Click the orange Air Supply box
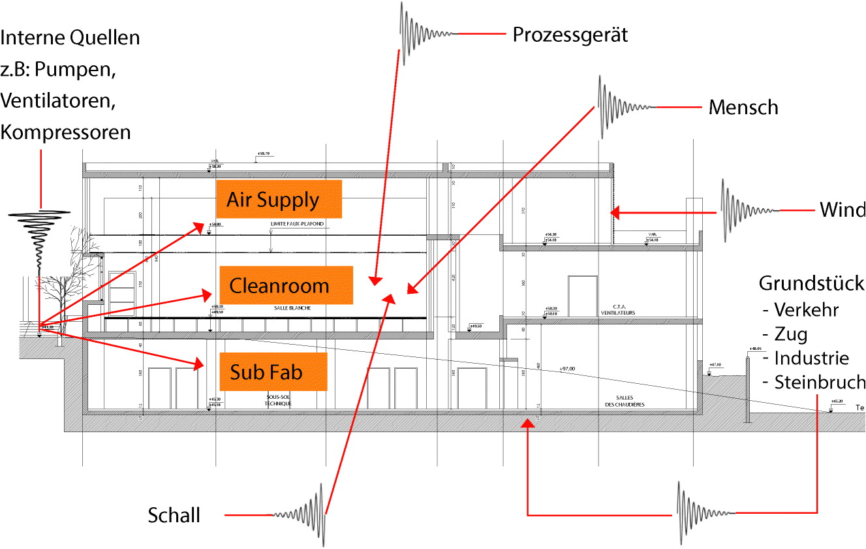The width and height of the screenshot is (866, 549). pos(279,199)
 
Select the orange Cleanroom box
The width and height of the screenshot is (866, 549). pos(286,285)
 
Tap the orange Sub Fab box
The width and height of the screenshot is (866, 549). pos(273,371)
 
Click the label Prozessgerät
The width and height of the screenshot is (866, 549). pos(570,35)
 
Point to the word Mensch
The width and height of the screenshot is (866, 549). pos(743,107)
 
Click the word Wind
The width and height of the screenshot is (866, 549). pos(842,210)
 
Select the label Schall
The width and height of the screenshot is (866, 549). pos(174,515)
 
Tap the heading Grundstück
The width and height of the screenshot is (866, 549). pos(811,284)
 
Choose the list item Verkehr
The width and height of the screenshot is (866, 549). pos(806,309)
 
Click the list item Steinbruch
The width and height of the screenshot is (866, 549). pos(819,383)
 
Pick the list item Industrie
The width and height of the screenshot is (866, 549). pos(811,358)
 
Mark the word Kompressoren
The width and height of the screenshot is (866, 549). pos(66,133)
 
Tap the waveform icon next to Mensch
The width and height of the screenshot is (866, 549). pos(626,107)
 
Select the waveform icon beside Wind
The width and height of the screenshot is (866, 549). pos(749,210)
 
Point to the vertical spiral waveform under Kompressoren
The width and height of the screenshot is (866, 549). pos(39,242)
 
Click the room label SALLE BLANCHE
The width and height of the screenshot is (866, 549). pos(292,307)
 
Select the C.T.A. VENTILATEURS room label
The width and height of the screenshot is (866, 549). pos(619,309)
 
